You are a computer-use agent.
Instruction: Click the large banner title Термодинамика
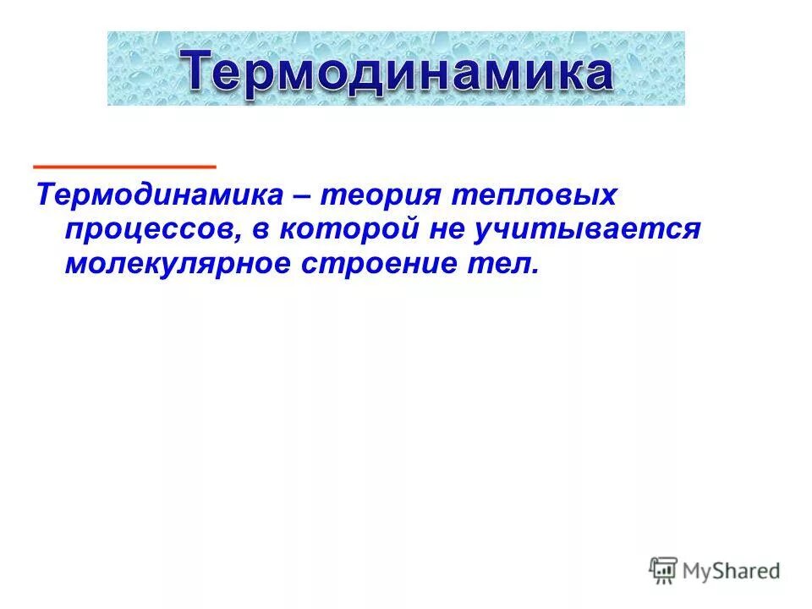pos(397,70)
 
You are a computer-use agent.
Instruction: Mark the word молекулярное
pos(174,265)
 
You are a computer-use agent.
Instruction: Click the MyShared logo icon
pos(664,571)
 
